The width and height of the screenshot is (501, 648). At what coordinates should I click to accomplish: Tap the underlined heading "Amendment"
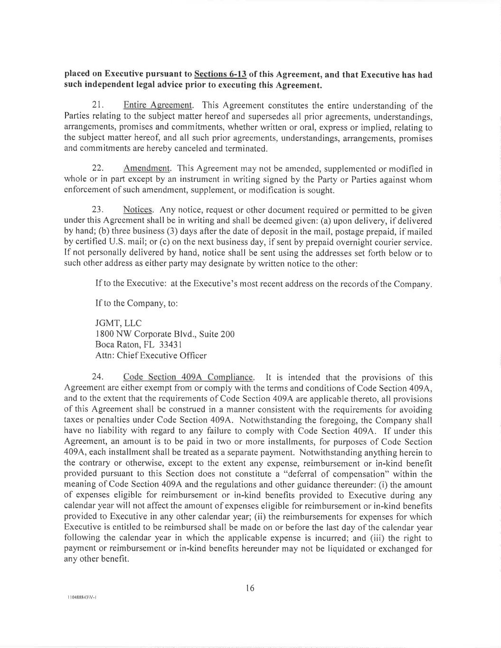147,169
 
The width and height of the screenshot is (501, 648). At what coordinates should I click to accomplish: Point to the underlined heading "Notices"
138,210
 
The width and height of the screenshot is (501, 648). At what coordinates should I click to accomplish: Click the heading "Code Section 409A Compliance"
188,377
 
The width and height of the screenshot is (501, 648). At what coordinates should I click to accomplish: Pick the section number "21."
98,105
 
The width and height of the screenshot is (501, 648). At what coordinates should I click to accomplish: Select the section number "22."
98,169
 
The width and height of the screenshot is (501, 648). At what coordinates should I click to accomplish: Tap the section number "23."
98,210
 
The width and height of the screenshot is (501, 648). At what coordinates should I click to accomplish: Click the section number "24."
98,377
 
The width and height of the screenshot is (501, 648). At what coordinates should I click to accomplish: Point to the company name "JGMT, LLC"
118,323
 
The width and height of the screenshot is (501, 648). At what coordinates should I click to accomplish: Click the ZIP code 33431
171,345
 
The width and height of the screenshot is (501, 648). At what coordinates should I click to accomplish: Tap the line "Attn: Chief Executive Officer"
151,356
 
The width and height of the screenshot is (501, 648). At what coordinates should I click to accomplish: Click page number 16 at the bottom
250,588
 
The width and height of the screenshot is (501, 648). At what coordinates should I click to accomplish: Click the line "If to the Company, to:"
137,303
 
